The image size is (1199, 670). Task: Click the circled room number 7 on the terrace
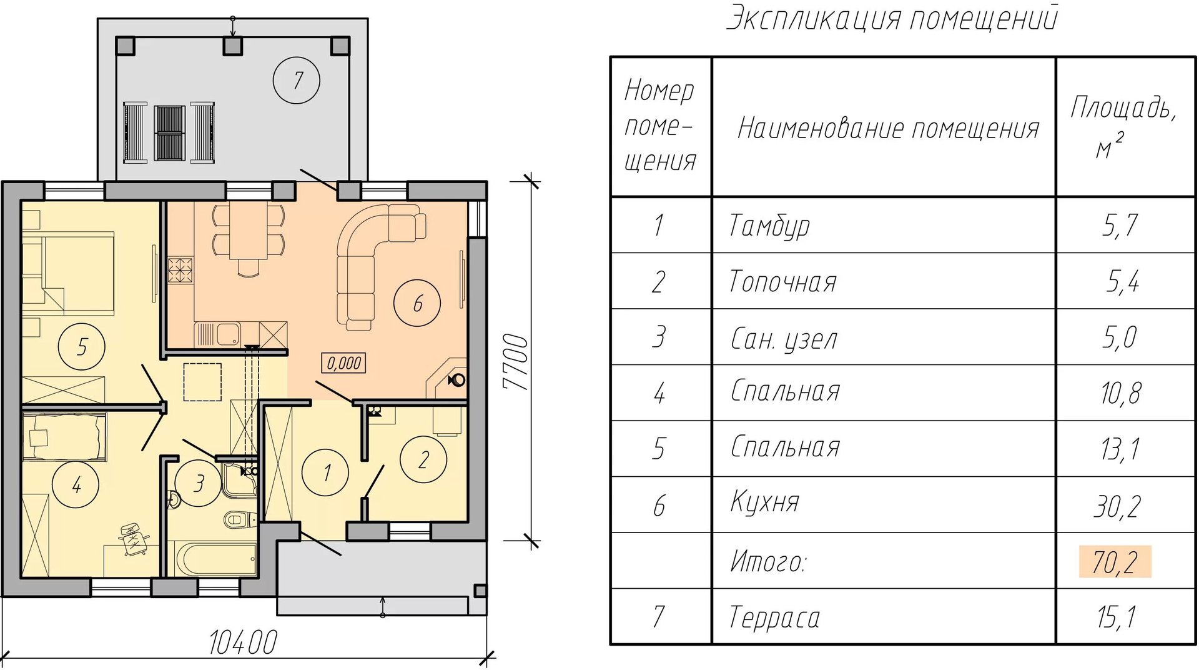297,80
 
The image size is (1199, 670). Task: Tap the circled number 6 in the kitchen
417,304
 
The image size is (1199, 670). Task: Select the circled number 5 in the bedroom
81,346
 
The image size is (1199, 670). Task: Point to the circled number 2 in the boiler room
423,460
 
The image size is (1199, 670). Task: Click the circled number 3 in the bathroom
199,483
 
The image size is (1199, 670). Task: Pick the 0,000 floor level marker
343,362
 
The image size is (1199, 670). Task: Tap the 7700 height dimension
517,362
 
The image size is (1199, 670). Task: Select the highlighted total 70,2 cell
1115,561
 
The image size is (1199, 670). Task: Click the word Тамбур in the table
769,226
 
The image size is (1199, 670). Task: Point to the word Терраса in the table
774,617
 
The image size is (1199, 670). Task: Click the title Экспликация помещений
892,17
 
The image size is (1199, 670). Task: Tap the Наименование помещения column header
888,129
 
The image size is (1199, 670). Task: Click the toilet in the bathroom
238,519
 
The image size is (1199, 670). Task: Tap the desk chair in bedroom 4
133,537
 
